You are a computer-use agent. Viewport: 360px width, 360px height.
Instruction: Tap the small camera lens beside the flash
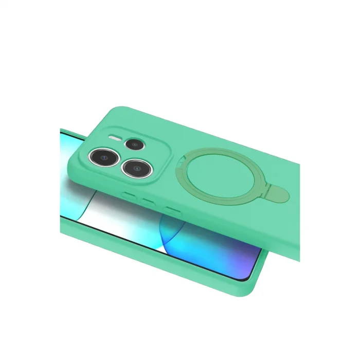pyautogui.click(x=135, y=144)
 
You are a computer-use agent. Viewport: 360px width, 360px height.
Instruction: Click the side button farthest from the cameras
pyautogui.click(x=171, y=209)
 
